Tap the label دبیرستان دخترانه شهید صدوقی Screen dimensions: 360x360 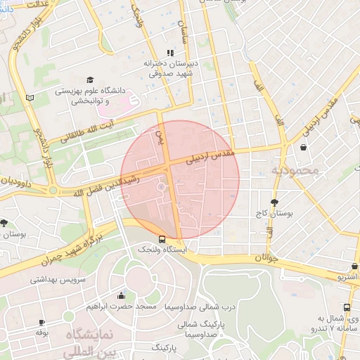coord(169,68)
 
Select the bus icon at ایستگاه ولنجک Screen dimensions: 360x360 coord(163,238)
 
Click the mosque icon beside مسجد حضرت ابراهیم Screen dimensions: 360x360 coord(122,295)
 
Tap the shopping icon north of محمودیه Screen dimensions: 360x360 coord(303,148)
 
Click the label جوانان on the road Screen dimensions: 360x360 coord(258,258)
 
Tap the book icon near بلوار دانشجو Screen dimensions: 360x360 coord(29,98)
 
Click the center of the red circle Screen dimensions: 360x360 coord(180,179)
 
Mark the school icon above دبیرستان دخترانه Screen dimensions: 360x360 coord(169,53)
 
